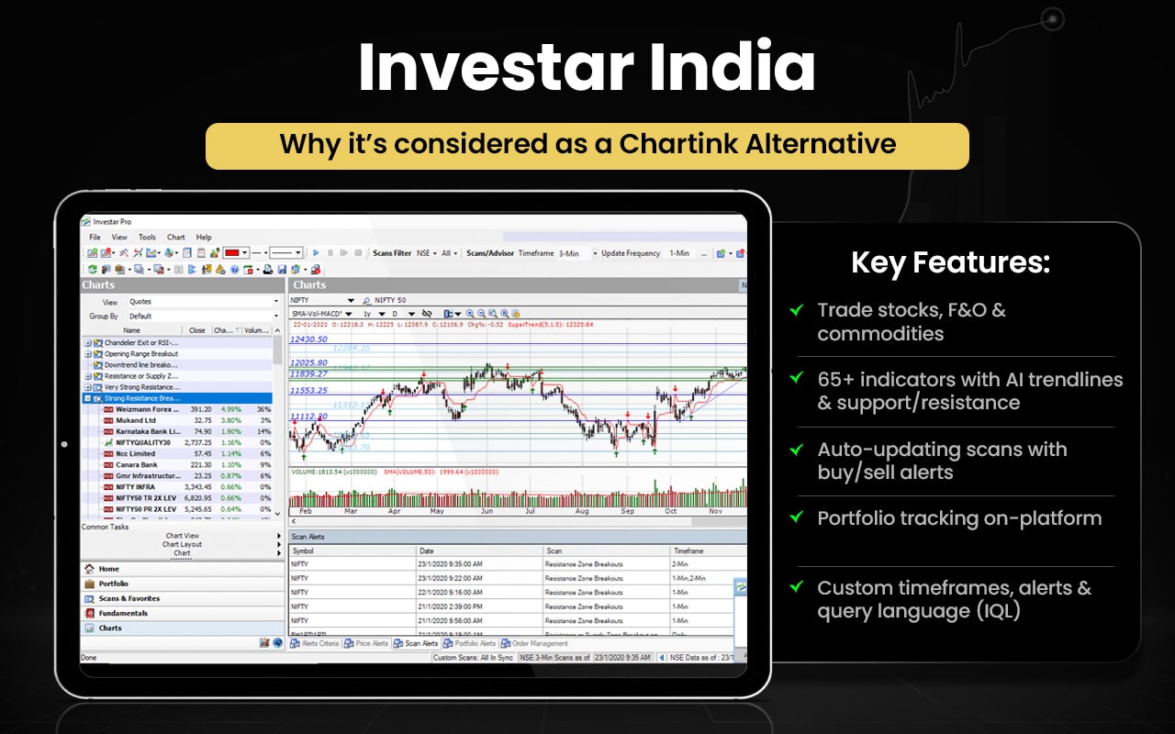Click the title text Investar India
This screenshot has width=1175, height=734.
pyautogui.click(x=587, y=67)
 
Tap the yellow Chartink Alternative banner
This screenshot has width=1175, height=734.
pyautogui.click(x=587, y=145)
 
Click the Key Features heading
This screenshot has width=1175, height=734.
pyautogui.click(x=950, y=263)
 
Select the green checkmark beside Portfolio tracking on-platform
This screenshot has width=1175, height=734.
pyautogui.click(x=797, y=517)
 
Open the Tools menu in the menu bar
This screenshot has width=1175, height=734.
pyautogui.click(x=147, y=237)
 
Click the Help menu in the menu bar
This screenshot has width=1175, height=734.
pyautogui.click(x=204, y=237)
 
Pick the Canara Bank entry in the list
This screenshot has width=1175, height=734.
pyautogui.click(x=136, y=465)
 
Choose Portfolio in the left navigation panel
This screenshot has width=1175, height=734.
pyautogui.click(x=113, y=584)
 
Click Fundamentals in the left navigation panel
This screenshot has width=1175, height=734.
pyautogui.click(x=123, y=613)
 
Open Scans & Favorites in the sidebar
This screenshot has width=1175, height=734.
pyautogui.click(x=129, y=598)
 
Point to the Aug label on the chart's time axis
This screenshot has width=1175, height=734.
pyautogui.click(x=583, y=511)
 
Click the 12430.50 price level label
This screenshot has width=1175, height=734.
pyautogui.click(x=308, y=339)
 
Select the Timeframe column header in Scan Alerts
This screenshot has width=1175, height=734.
pyautogui.click(x=690, y=550)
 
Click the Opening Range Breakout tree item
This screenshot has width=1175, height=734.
pyautogui.click(x=140, y=353)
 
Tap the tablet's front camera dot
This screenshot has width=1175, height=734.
pyautogui.click(x=64, y=444)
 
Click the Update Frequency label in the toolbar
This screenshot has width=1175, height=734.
pyautogui.click(x=632, y=253)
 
